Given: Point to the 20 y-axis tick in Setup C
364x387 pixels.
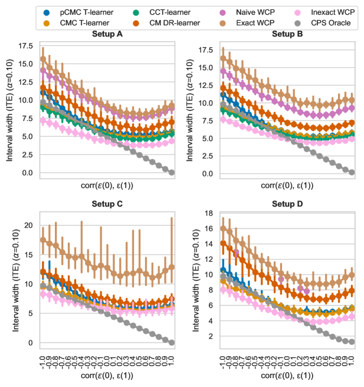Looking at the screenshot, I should (28, 225).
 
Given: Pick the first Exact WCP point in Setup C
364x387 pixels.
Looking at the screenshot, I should (42, 240).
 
